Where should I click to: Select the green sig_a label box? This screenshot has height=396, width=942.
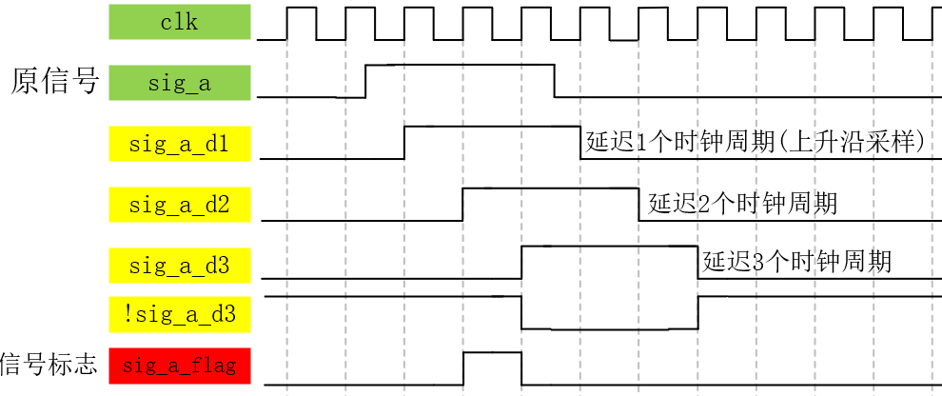click(180, 83)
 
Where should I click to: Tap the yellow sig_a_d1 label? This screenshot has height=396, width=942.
click(180, 145)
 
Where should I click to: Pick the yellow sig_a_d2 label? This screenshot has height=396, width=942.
click(180, 204)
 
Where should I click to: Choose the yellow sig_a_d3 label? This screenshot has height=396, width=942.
click(180, 265)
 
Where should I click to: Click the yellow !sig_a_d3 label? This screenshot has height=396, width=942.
click(180, 313)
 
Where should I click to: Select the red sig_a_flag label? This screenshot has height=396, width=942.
click(180, 366)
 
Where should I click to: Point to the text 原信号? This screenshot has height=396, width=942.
click(54, 82)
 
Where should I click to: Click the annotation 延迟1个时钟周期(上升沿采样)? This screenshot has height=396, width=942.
click(756, 143)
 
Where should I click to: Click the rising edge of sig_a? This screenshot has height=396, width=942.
click(366, 81)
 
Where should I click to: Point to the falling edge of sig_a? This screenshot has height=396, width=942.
click(555, 81)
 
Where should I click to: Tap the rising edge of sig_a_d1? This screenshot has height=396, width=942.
click(405, 142)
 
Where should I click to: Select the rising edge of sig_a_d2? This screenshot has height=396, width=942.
click(463, 204)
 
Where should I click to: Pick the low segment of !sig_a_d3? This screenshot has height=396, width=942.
click(609, 328)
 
